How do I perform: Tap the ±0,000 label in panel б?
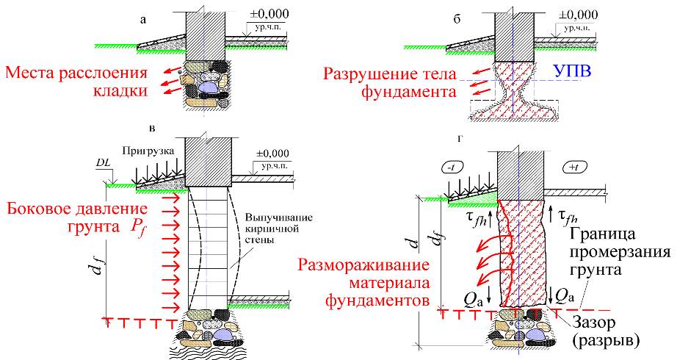pos(577,15)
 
